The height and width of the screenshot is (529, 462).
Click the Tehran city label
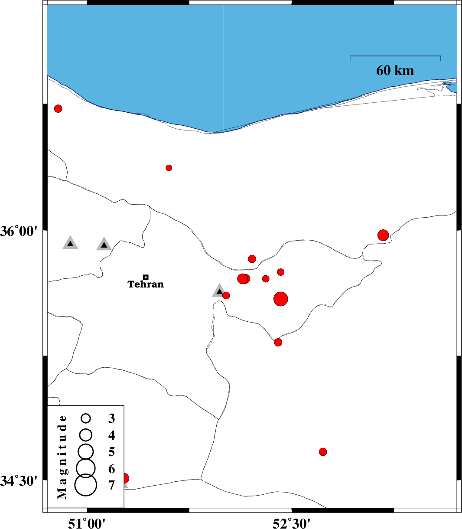point(146,284)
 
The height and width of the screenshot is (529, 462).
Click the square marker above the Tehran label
point(146,277)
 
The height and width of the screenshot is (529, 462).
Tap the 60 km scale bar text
point(395,70)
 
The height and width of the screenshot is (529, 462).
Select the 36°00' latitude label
point(19,231)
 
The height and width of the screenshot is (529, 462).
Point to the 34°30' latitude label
point(19,480)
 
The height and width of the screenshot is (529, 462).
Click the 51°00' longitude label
point(87,523)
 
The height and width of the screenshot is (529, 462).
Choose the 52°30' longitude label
point(291,523)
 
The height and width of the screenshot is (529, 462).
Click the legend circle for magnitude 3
point(85,418)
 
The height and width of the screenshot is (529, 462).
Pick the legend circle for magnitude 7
point(85,485)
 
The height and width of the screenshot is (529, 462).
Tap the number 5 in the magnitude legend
point(111,452)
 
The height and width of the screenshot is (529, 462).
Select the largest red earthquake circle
point(280,299)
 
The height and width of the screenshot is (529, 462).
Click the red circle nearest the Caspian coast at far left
point(58,108)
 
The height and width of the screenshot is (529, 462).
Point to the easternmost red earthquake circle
point(383,235)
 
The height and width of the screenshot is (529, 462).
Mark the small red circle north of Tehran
point(169,168)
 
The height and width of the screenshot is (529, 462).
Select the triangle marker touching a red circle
point(219,291)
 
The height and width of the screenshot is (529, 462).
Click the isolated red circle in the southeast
point(323,452)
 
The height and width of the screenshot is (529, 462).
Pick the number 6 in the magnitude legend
point(111,469)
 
